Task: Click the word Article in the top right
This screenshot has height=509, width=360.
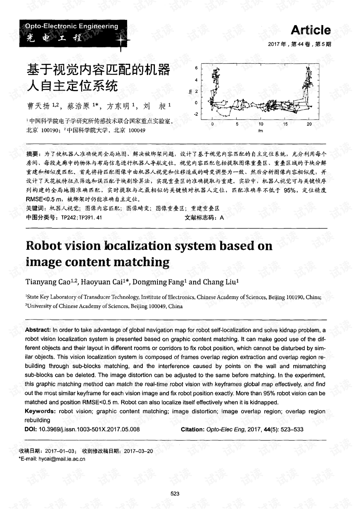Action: (x=310, y=30)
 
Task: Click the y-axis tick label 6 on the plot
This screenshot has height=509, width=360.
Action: (x=196, y=68)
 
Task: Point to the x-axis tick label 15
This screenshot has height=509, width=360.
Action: (x=285, y=124)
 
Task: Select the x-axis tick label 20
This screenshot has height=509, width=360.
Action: (x=309, y=124)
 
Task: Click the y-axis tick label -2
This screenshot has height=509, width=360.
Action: (x=195, y=114)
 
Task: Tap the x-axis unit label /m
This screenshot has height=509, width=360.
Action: (x=260, y=131)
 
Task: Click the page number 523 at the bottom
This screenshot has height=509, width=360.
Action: (x=175, y=494)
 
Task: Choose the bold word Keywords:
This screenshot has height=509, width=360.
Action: (x=40, y=411)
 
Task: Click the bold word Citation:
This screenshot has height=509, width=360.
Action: (x=193, y=429)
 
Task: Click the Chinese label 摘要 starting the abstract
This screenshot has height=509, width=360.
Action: (x=32, y=154)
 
